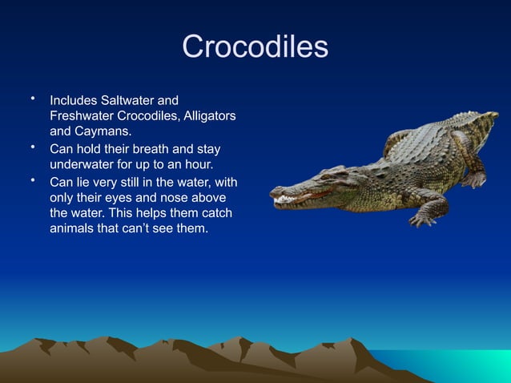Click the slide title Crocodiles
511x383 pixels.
coord(255,46)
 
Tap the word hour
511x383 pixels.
coord(197,164)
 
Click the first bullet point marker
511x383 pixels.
coord(34,99)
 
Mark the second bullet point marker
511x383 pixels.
coord(34,147)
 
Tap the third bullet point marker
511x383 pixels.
coord(34,179)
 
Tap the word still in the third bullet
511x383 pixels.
coord(127,181)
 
